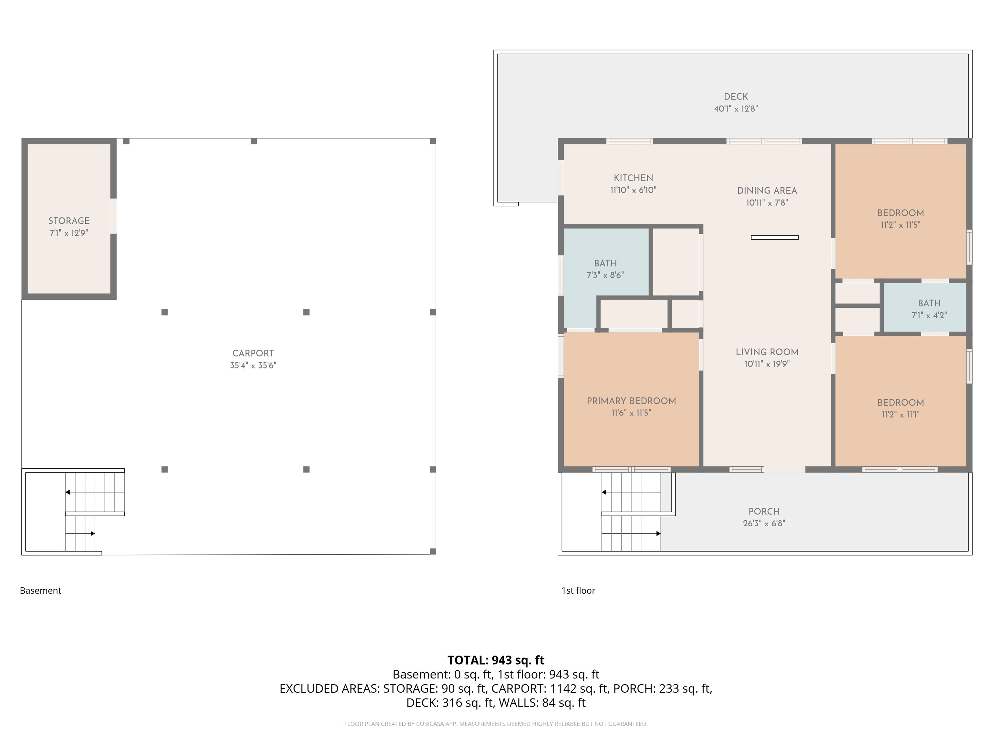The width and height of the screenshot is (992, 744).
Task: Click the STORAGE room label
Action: (69, 221)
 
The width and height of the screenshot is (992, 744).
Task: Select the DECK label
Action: (736, 97)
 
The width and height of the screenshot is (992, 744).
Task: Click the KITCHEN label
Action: (633, 178)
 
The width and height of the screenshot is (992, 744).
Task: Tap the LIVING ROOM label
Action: (767, 352)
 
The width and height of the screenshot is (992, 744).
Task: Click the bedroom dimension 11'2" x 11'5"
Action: (901, 225)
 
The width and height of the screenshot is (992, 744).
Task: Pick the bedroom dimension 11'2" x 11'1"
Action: (901, 414)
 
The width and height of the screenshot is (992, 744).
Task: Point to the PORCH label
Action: (764, 511)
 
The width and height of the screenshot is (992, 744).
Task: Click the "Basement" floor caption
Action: (40, 591)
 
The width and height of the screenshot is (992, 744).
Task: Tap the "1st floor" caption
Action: (578, 591)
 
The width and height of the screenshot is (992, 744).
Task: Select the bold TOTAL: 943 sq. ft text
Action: (496, 660)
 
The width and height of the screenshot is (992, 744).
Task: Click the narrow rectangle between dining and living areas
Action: (774, 238)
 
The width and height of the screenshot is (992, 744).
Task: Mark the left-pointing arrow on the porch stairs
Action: (631, 492)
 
